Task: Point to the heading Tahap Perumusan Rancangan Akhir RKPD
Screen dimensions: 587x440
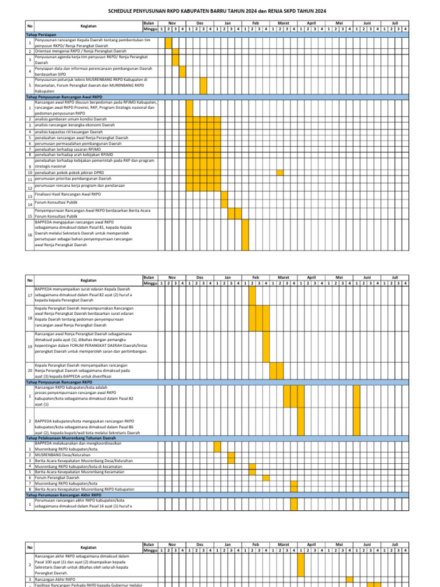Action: pos(64,495)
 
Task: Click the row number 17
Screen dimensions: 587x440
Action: pos(29,295)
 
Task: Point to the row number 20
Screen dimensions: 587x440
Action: pos(29,370)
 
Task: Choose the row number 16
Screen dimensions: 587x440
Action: pos(29,235)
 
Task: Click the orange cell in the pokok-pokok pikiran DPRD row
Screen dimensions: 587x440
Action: pos(280,172)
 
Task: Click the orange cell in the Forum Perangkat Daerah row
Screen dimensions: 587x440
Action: pos(266,478)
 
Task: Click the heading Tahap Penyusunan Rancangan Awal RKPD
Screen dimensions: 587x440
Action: pos(64,97)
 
